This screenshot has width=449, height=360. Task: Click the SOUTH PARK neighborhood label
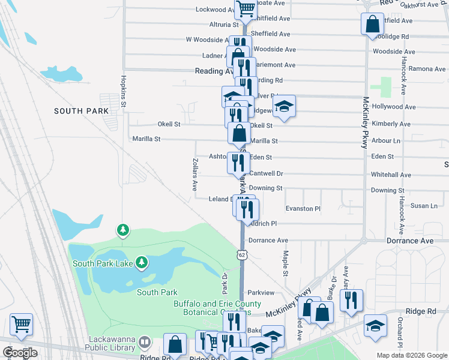pyautogui.click(x=81, y=111)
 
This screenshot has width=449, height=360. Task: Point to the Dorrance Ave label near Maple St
pyautogui.click(x=269, y=241)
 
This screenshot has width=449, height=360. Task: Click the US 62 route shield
pyautogui.click(x=242, y=255)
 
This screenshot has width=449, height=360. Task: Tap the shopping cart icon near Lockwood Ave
pyautogui.click(x=246, y=10)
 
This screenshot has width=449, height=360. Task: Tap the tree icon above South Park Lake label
pyautogui.click(x=123, y=229)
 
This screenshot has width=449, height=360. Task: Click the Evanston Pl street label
pyautogui.click(x=303, y=208)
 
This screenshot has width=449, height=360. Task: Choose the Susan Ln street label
pyautogui.click(x=424, y=206)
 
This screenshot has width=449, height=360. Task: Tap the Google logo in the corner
pyautogui.click(x=20, y=353)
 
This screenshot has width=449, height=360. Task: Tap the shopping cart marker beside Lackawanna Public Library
pyautogui.click(x=21, y=325)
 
